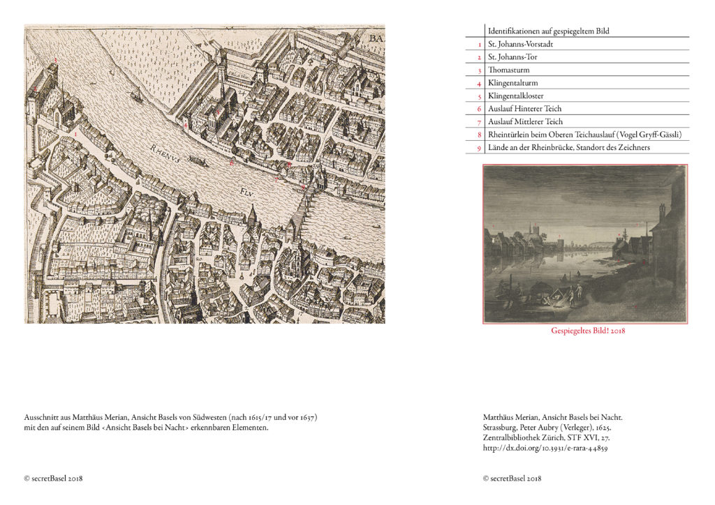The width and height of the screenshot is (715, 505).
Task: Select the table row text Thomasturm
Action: (509, 70)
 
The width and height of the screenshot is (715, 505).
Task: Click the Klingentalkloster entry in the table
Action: (516, 96)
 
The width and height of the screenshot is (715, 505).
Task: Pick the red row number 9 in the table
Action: (480, 147)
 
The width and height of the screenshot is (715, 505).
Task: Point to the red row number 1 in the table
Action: (480, 44)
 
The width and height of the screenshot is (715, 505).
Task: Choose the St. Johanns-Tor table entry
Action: (513, 57)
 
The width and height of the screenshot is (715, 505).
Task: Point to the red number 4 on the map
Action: (185, 125)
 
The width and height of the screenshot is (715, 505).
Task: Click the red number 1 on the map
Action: (75, 130)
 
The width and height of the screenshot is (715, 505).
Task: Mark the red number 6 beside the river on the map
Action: (231, 163)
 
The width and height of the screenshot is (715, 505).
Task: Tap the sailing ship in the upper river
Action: (137, 95)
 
